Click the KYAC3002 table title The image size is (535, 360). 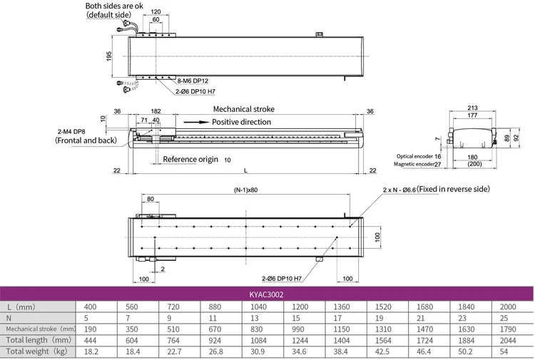point(267,292)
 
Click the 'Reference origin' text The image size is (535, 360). point(190,159)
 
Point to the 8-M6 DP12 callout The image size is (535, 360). point(193,82)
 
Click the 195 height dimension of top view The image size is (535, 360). point(109,56)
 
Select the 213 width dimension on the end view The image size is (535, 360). point(472,108)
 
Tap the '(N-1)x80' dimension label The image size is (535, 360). point(245,190)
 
